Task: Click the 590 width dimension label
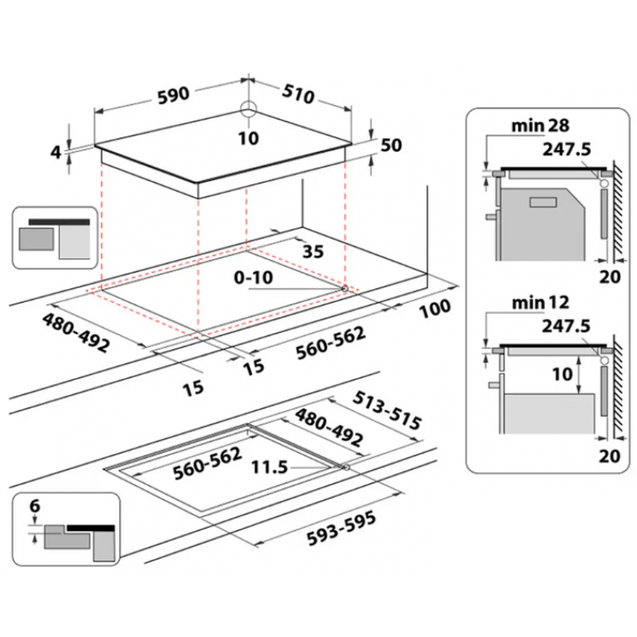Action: point(174,95)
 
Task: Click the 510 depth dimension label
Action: point(299,94)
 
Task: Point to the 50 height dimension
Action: point(391,145)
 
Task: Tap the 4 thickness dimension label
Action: point(56,152)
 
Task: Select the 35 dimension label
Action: point(313,252)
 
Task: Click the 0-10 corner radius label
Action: point(253,278)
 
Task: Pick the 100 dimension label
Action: point(435,309)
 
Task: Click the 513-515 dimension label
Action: point(387,411)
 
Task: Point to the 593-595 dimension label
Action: point(342,529)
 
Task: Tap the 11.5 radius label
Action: point(270,467)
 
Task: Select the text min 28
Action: point(541,126)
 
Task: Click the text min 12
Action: point(541,303)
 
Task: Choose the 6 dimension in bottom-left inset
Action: point(35,506)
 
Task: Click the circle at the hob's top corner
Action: point(248,109)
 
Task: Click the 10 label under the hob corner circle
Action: point(248,139)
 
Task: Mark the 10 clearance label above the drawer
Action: point(562,374)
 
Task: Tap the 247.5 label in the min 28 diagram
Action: point(567,150)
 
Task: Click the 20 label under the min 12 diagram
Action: point(609,456)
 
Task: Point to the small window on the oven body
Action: point(543,202)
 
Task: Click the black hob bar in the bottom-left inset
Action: point(91,528)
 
